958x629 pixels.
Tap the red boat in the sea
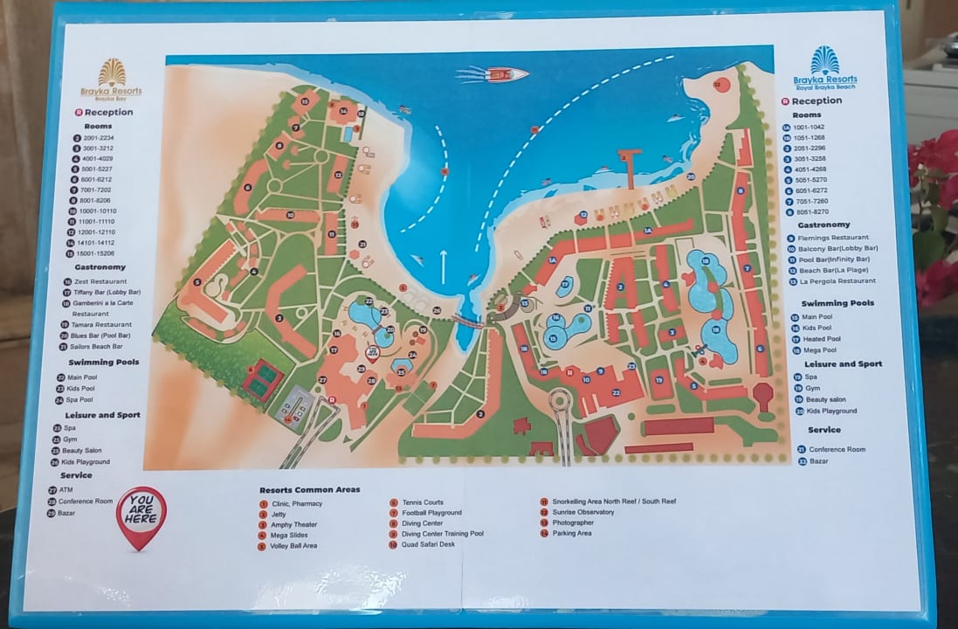[506, 74]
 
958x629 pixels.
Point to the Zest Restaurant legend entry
[100, 282]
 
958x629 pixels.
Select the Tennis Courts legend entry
[423, 502]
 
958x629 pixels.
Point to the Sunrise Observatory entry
[582, 512]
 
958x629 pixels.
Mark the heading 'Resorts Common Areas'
[310, 489]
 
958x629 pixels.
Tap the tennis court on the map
[261, 380]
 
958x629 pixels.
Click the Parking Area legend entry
[571, 533]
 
